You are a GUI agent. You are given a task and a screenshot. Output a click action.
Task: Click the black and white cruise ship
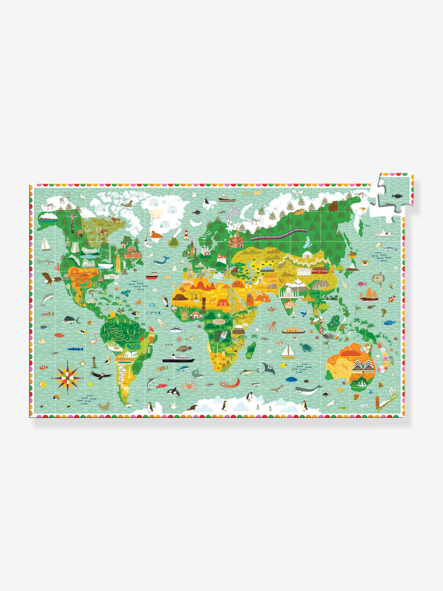178,359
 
